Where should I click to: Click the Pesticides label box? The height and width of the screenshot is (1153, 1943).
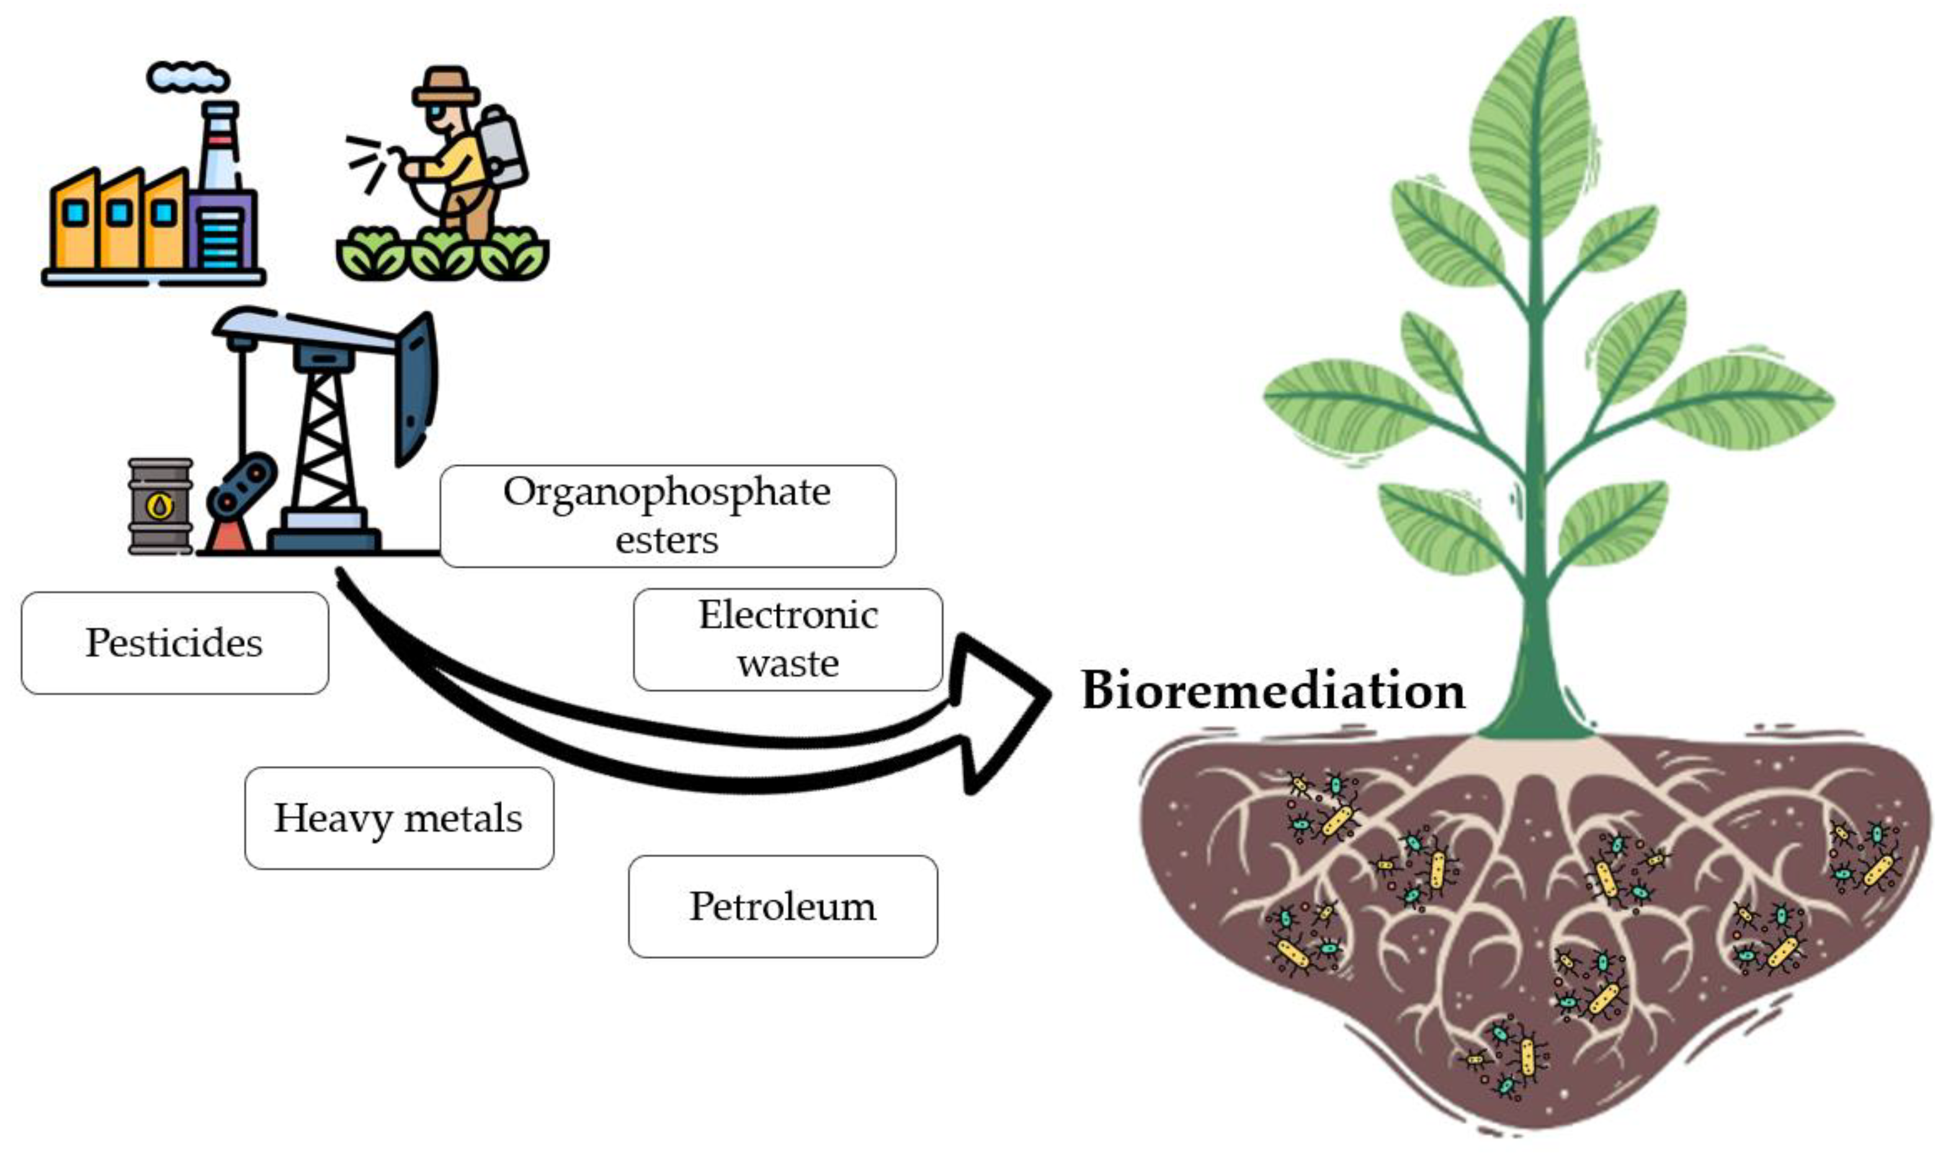point(175,643)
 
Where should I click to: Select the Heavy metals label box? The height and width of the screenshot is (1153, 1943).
point(398,818)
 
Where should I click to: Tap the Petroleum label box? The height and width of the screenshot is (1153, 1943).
point(782,907)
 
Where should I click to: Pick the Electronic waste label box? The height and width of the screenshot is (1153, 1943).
point(788,639)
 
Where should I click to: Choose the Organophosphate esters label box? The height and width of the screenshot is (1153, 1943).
point(668,516)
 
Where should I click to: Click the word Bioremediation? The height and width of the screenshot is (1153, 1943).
point(1272,690)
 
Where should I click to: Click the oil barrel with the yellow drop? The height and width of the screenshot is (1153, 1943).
point(160,506)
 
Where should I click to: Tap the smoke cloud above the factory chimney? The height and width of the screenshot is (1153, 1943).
point(188,77)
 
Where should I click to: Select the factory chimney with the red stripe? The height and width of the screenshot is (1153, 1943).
point(219,148)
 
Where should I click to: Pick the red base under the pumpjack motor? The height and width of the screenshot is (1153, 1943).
point(228,536)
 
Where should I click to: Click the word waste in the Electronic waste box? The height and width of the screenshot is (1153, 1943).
point(788,664)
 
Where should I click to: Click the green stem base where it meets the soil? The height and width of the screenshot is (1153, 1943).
point(1534,715)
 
